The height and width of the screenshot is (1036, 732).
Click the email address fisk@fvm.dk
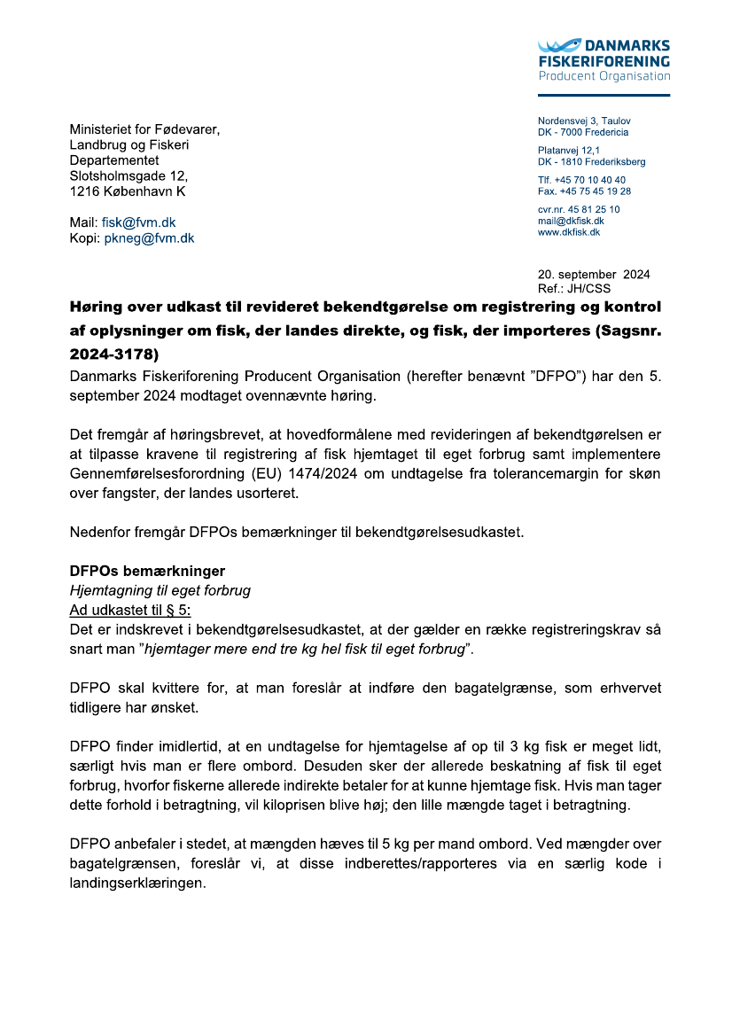tap(132, 223)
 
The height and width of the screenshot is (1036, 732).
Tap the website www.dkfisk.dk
tap(569, 232)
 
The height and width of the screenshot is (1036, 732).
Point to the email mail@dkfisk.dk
tap(571, 221)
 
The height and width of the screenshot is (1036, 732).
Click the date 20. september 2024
tap(593, 275)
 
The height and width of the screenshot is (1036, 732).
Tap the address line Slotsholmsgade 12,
tap(128, 175)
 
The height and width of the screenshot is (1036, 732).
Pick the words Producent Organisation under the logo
tap(604, 76)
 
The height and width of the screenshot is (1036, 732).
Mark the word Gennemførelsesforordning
tap(155, 478)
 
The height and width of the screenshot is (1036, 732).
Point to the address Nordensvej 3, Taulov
tap(584, 121)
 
